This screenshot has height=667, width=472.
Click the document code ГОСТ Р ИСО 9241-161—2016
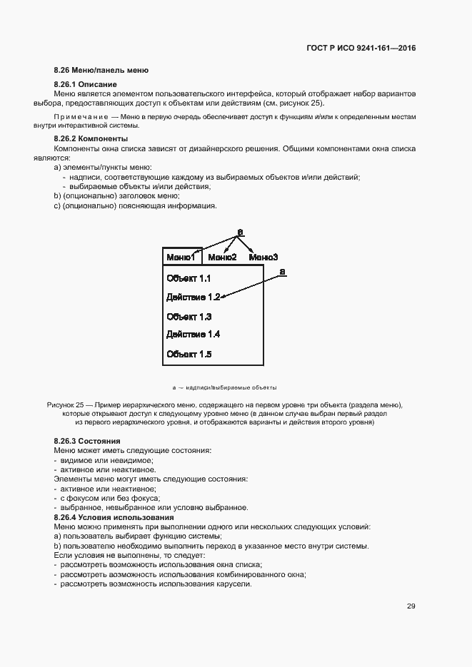pos(361,49)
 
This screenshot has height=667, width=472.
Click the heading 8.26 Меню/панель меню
pos(101,71)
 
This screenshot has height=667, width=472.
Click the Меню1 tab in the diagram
pos(181,257)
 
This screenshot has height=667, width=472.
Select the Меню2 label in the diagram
pos(222,257)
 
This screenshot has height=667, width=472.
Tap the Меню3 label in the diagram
pos(263,257)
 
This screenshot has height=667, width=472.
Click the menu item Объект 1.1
pos(189,279)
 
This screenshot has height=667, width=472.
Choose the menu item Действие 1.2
pos(193,297)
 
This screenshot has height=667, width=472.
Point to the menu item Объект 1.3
pos(189,316)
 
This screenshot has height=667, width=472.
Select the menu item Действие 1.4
pos(193,335)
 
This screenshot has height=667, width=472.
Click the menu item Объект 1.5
pos(189,354)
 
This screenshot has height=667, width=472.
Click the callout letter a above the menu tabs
pos(240,232)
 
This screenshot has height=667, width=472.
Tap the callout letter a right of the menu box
pos(282,271)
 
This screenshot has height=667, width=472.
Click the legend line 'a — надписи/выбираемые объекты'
pos(219,387)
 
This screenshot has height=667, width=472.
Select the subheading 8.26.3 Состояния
pos(87,442)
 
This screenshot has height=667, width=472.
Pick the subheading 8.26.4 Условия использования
pos(114,516)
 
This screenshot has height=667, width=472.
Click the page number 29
pos(411,606)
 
